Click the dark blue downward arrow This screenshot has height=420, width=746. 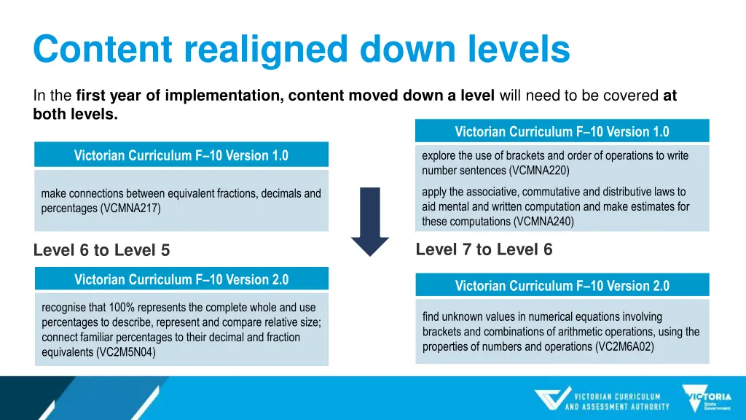coord(370,221)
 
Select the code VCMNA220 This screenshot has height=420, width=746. coord(538,171)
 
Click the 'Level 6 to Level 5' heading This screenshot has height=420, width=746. coord(101,251)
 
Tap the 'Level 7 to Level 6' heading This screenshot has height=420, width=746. coord(484,250)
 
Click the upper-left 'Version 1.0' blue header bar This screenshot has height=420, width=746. coord(181,155)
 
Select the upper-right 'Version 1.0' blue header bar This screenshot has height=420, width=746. coord(562,132)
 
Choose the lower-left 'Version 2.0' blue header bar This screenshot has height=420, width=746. coord(181,279)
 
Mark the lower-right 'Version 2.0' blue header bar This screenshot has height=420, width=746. coord(562,286)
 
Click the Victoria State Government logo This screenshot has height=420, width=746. coord(707,398)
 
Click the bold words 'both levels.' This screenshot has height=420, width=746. coord(75,114)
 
